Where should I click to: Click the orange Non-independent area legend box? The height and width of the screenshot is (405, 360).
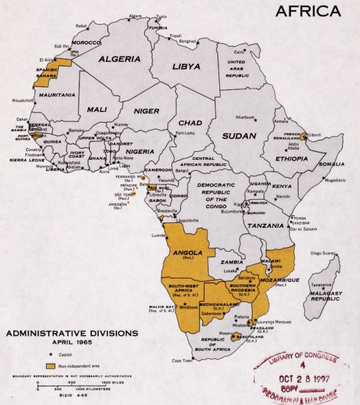(x=51, y=366)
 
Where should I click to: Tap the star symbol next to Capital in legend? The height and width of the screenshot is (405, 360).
(x=50, y=355)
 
